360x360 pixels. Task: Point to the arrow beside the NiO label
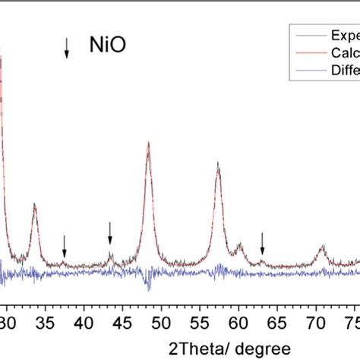(67, 48)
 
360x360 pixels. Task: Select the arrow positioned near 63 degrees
(262, 243)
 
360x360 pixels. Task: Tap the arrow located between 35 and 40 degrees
(65, 245)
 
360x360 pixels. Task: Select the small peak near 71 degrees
(322, 247)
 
